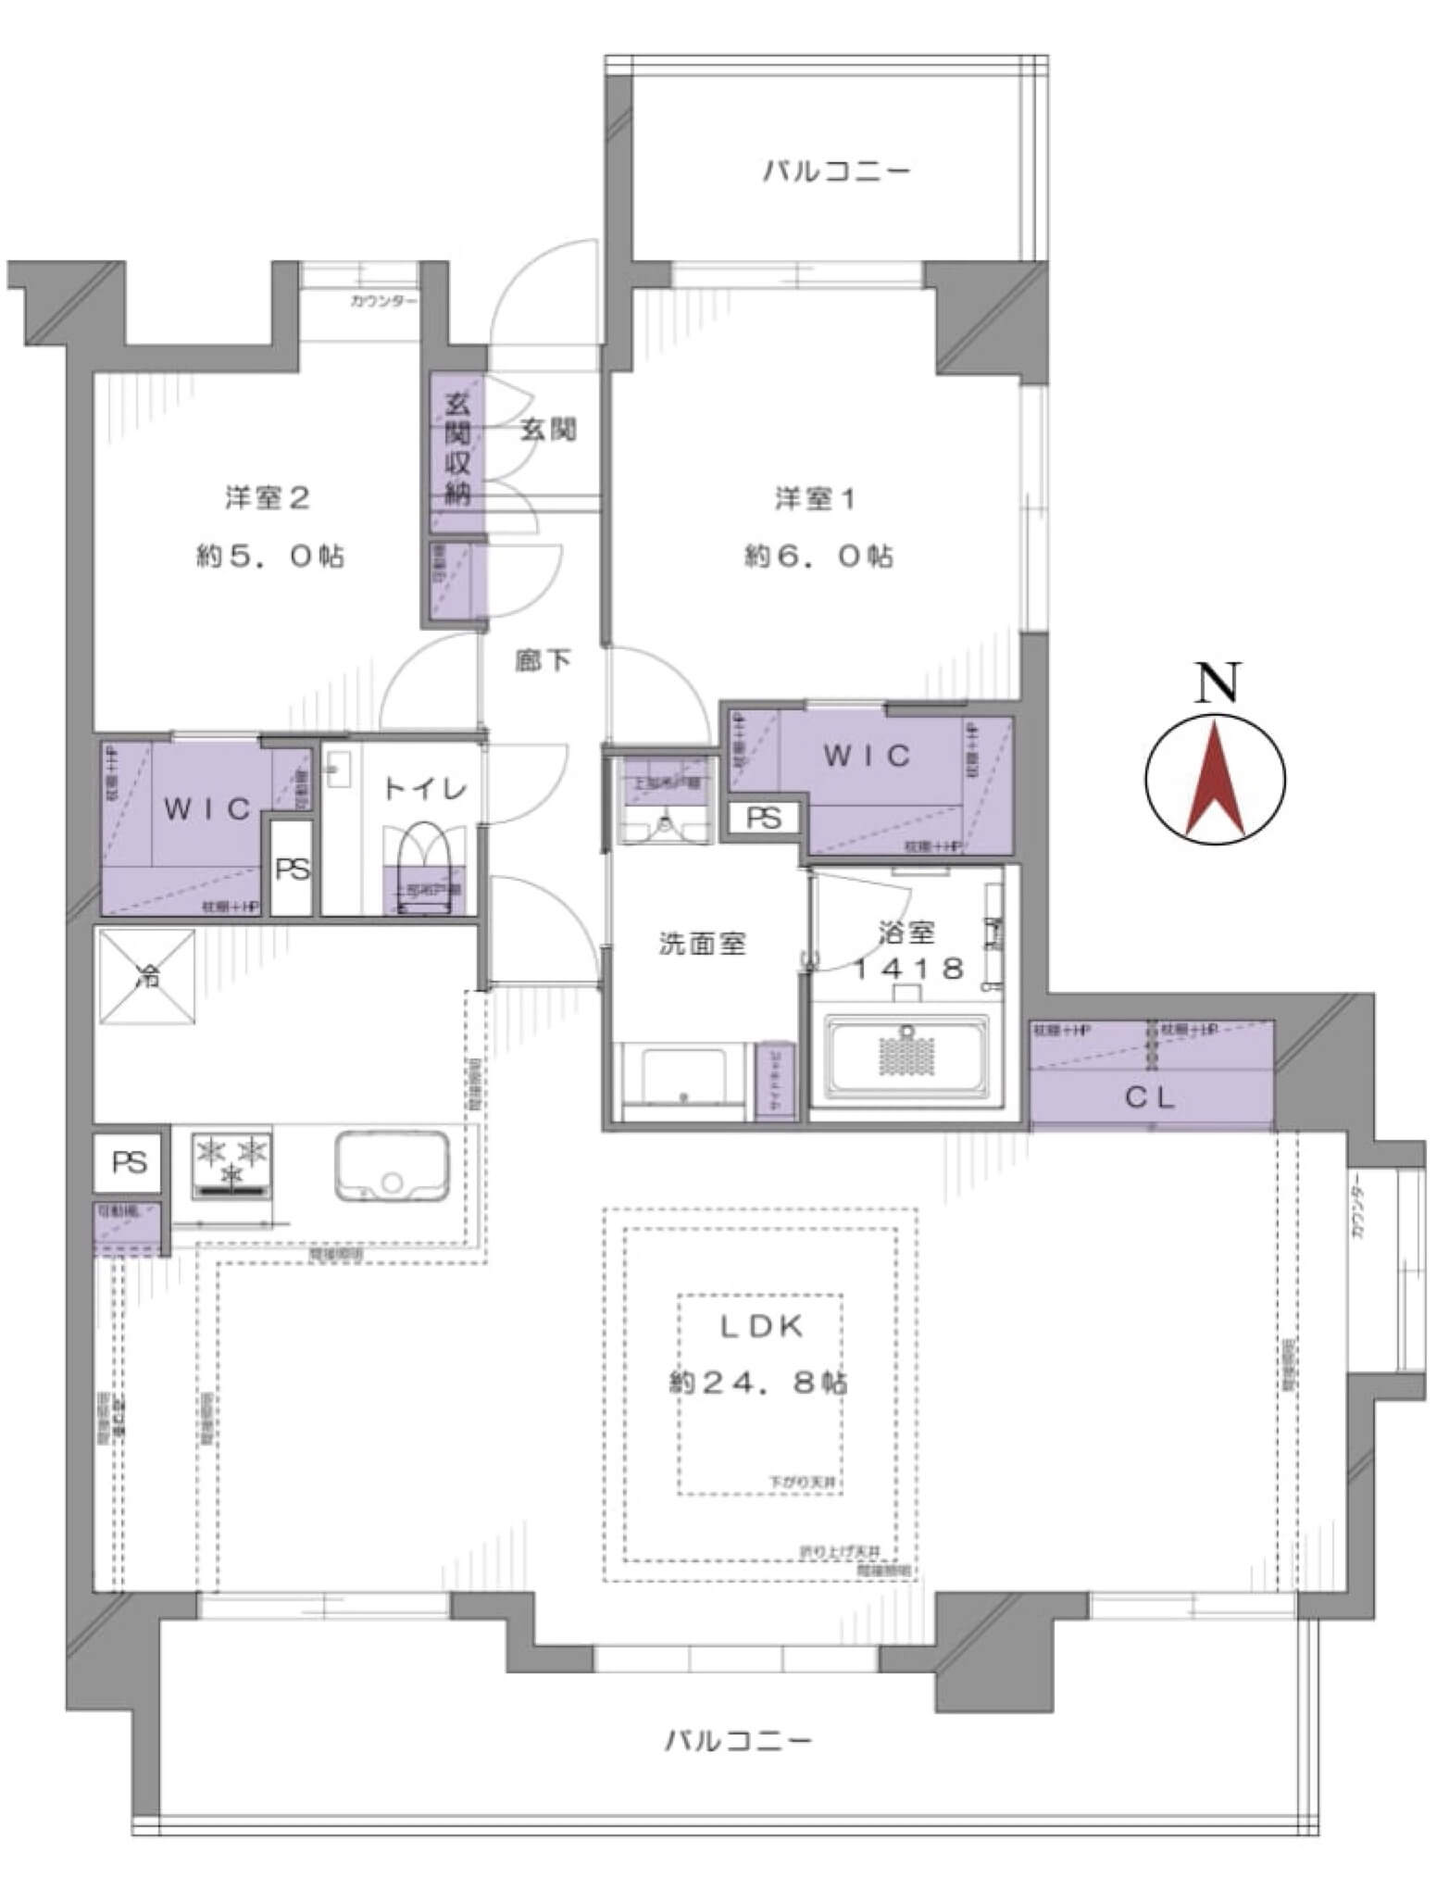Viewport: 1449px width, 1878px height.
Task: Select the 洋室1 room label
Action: pyautogui.click(x=815, y=500)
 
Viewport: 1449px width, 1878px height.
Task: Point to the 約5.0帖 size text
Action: pyautogui.click(x=269, y=557)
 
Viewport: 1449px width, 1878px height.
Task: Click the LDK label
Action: pyautogui.click(x=762, y=1327)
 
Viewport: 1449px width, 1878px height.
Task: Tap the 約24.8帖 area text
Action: pyautogui.click(x=758, y=1383)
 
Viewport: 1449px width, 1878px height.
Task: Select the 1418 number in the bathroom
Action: pyautogui.click(x=908, y=969)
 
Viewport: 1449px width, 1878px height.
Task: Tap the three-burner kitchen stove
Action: pyautogui.click(x=231, y=1163)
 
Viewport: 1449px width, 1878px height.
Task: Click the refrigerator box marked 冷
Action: pyautogui.click(x=146, y=976)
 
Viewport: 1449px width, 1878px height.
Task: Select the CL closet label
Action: pyautogui.click(x=1150, y=1098)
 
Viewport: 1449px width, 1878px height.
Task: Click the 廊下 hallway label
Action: pyautogui.click(x=543, y=661)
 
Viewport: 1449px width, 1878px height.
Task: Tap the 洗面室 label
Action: pyautogui.click(x=703, y=945)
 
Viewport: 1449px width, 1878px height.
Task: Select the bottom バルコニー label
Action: pyautogui.click(x=739, y=1741)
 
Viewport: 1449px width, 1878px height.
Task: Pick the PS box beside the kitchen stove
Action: pyautogui.click(x=130, y=1162)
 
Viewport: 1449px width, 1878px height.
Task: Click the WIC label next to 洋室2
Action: pyautogui.click(x=207, y=809)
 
